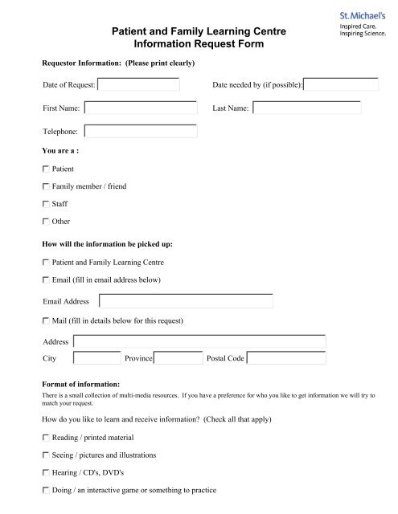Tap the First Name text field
click(x=140, y=108)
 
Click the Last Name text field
click(x=306, y=108)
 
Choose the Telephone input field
click(x=140, y=131)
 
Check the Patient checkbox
click(x=45, y=170)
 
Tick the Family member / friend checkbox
click(x=45, y=187)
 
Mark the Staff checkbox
click(x=45, y=204)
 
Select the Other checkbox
click(x=45, y=221)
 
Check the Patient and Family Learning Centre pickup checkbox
click(x=45, y=263)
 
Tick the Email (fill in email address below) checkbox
click(x=45, y=279)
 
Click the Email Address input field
click(x=186, y=301)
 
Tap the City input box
click(x=96, y=358)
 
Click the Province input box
click(x=178, y=358)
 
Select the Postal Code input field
click(x=286, y=358)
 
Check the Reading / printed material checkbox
click(x=45, y=438)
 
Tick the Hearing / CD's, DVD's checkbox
click(x=45, y=472)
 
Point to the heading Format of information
click(x=80, y=384)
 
